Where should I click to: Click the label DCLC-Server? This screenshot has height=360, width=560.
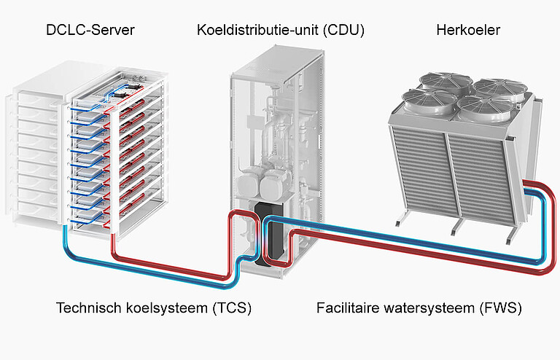pyautogui.click(x=90, y=30)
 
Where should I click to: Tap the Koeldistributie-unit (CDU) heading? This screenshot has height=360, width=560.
pyautogui.click(x=281, y=30)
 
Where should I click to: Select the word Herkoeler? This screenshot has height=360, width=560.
pyautogui.click(x=468, y=30)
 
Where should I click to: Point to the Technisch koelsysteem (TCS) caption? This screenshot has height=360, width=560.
pyautogui.click(x=154, y=308)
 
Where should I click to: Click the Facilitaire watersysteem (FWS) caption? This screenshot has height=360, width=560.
pyautogui.click(x=419, y=308)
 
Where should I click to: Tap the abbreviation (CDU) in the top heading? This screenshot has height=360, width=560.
pyautogui.click(x=343, y=30)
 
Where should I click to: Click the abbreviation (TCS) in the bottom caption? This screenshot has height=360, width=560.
pyautogui.click(x=232, y=308)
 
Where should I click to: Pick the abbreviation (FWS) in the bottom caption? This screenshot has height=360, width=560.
pyautogui.click(x=501, y=308)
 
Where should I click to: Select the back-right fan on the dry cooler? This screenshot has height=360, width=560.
pyautogui.click(x=500, y=88)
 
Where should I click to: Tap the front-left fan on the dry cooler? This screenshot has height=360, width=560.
pyautogui.click(x=429, y=101)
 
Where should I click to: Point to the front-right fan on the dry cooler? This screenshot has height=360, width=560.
pyautogui.click(x=486, y=108)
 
